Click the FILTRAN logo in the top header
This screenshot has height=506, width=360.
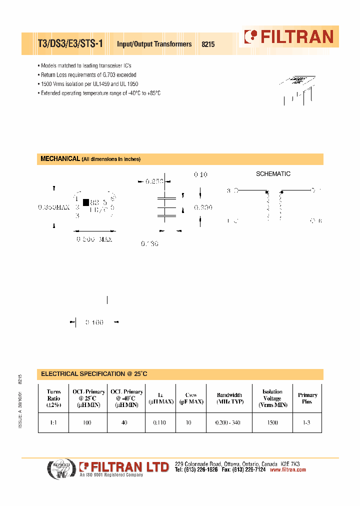pos(288,36)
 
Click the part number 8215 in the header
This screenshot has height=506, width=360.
pos(208,44)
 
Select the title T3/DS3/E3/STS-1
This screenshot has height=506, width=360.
pos(70,44)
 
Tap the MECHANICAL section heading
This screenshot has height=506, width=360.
pos(59,159)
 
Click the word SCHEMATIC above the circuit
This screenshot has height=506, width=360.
pos(273,174)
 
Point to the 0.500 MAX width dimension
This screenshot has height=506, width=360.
pos(94,239)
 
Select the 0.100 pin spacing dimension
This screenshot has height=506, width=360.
pos(94,322)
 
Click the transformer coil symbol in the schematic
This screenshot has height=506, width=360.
pos(274,206)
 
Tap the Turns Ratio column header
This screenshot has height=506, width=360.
pos(53,398)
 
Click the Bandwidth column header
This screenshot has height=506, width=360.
pos(229,398)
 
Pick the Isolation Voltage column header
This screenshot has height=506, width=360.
pos(272,398)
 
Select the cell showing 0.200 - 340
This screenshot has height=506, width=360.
pos(227,422)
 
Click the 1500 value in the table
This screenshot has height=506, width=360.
pos(272,422)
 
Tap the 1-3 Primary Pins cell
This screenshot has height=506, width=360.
pos(306,422)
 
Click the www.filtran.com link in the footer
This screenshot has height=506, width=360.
pos(287,470)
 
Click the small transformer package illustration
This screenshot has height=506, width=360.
pos(298,88)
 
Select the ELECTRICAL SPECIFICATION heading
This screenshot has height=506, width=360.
pos(94,374)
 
